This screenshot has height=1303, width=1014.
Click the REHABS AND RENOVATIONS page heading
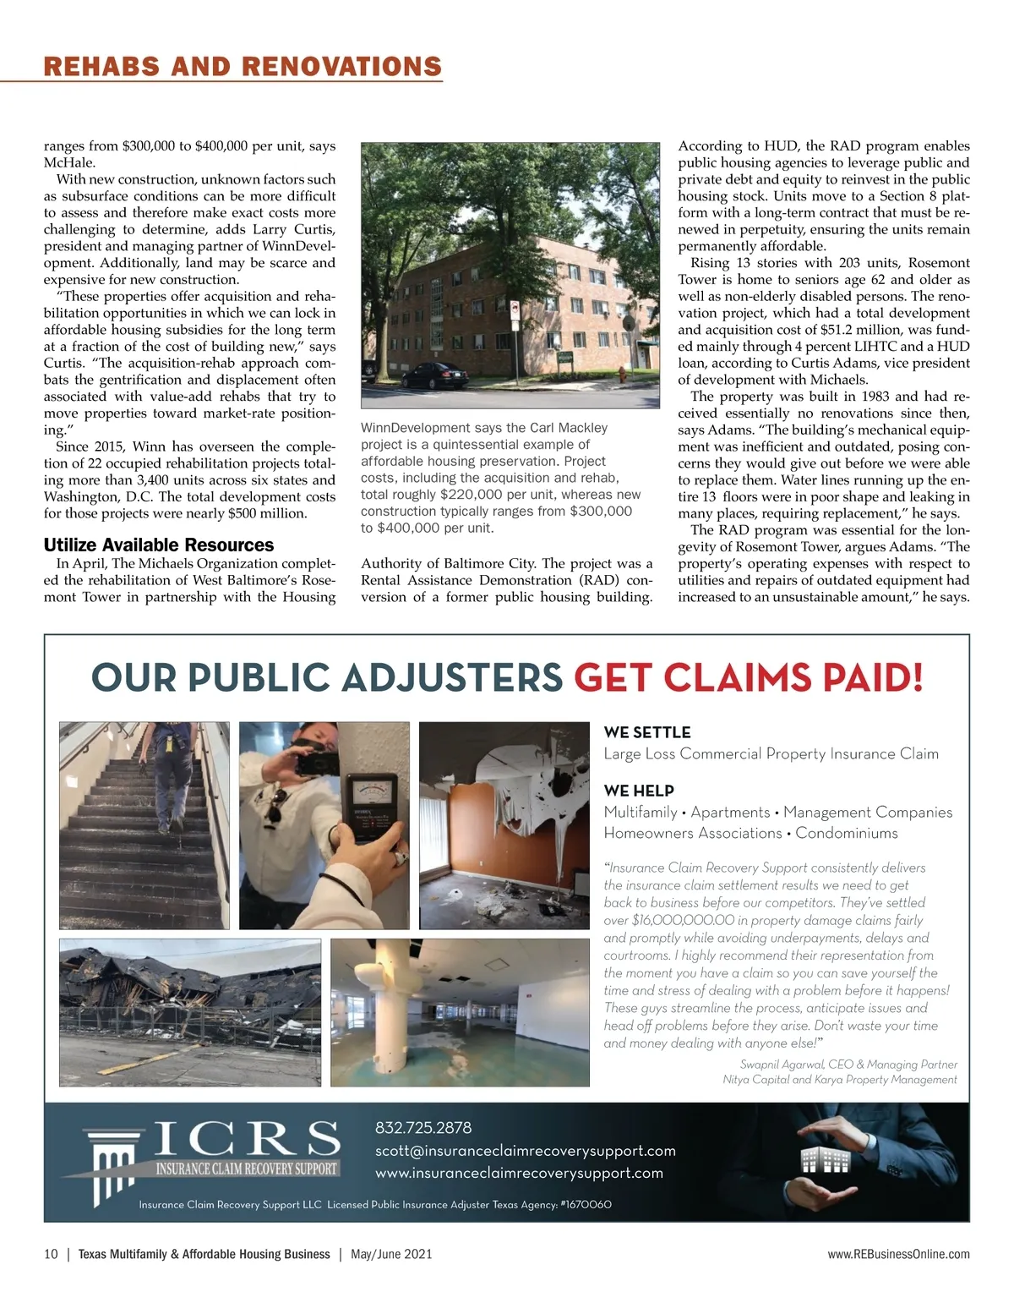click(x=243, y=67)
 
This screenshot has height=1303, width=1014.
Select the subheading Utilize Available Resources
click(x=159, y=545)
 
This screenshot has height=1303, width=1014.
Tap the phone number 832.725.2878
click(x=423, y=1128)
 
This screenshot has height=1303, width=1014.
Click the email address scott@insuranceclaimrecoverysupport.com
click(x=525, y=1151)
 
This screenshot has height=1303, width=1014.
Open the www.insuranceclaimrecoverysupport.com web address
click(x=519, y=1173)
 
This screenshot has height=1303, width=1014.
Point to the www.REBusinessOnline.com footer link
click(x=898, y=1254)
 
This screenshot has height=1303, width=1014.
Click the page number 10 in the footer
click(x=51, y=1254)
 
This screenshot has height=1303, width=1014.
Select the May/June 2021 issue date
click(x=391, y=1254)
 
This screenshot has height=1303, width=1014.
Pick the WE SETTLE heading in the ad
click(x=647, y=732)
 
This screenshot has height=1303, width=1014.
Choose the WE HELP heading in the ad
click(x=639, y=791)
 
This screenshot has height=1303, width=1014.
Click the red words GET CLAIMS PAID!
click(x=748, y=677)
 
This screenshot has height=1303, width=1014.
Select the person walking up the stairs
click(x=167, y=769)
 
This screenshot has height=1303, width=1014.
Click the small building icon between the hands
click(x=826, y=1161)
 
